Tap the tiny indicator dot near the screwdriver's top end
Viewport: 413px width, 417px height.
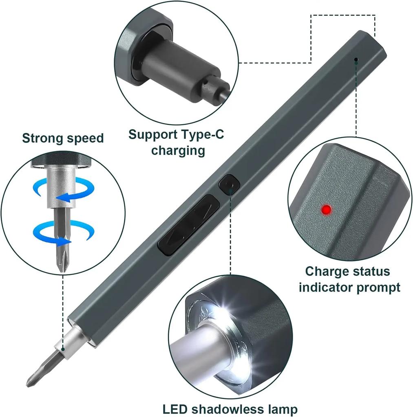tap(356, 59)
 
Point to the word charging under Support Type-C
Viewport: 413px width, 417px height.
tap(178, 150)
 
